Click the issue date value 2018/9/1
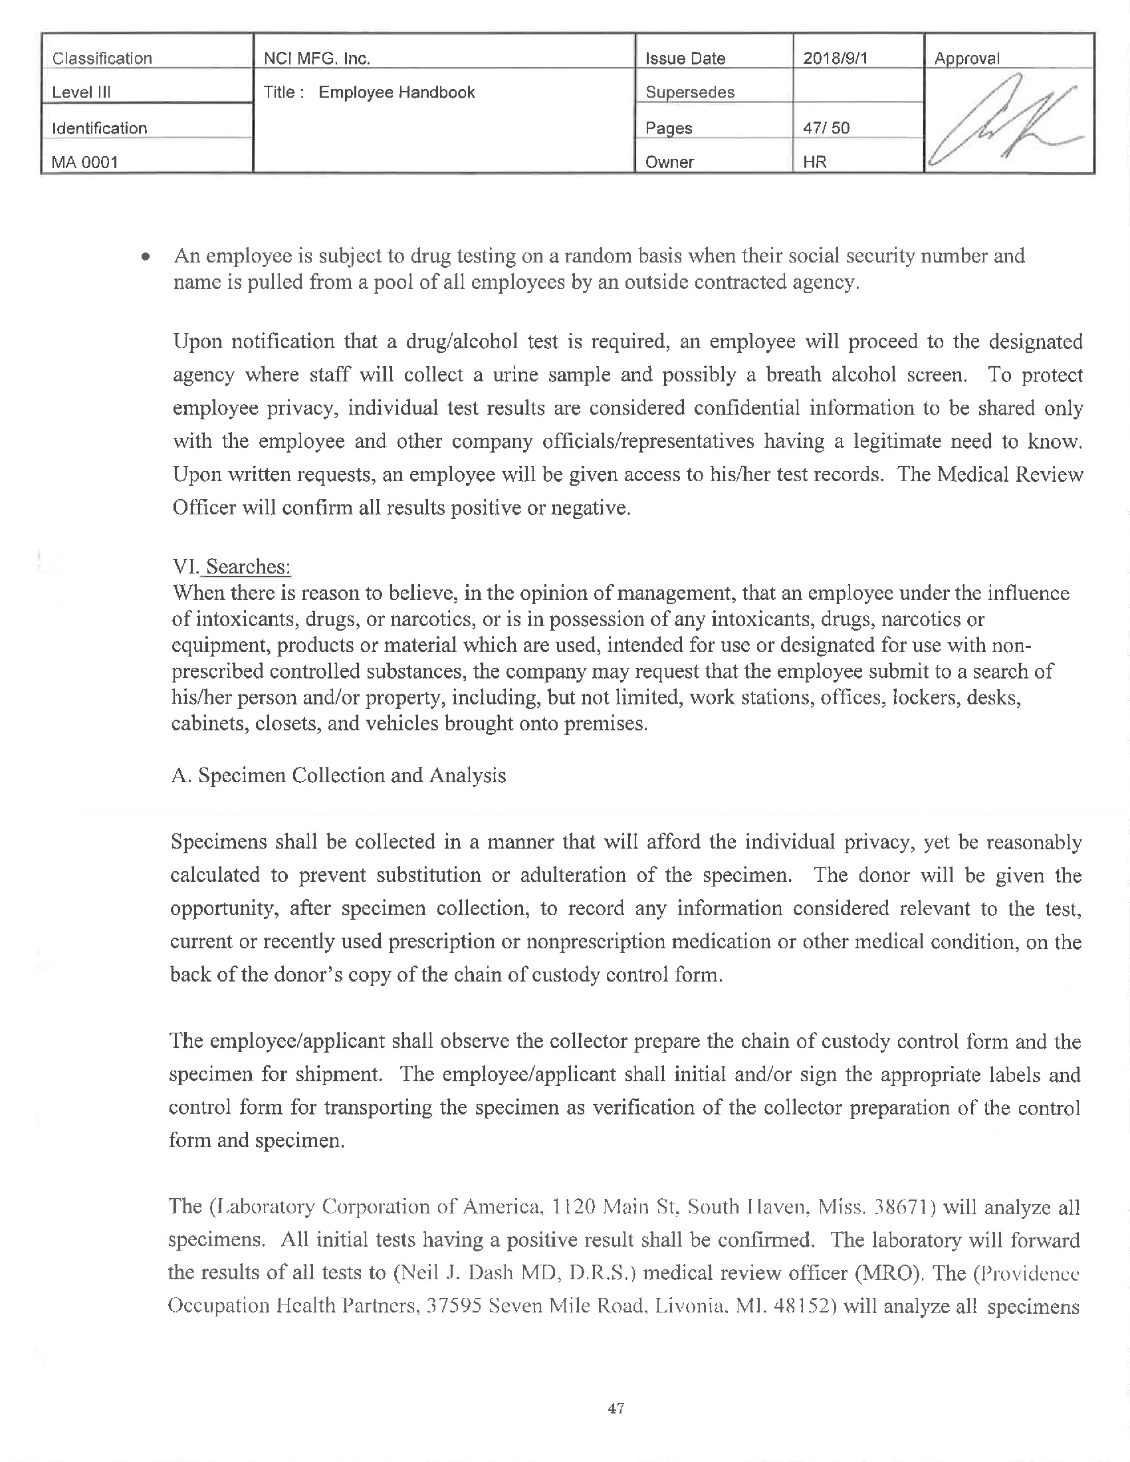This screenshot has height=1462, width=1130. point(835,58)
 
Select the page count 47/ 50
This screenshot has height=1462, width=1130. point(826,128)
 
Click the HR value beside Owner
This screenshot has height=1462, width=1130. point(815,162)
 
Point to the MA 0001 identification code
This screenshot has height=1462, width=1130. point(84,162)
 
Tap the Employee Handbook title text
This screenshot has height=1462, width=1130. point(396,92)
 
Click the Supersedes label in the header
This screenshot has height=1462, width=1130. point(689,92)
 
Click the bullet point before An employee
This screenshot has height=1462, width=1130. point(146,257)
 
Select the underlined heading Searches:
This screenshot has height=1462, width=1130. point(247,566)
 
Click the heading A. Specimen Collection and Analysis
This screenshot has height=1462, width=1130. point(338,775)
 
